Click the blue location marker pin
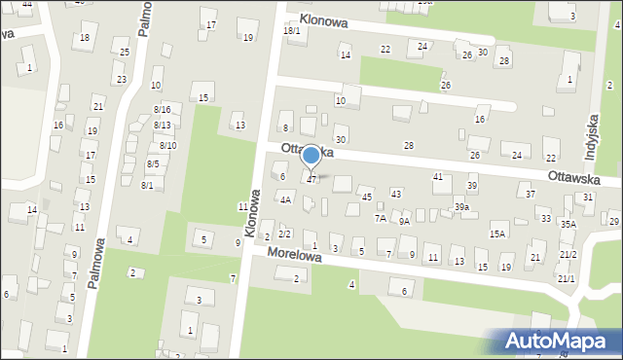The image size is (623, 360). click(311, 156)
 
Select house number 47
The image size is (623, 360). click(311, 180)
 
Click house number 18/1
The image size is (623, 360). click(292, 31)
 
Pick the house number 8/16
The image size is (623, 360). click(162, 110)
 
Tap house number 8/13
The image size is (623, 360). click(162, 126)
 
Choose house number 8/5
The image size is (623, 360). click(153, 164)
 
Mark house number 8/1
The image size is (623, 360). click(147, 185)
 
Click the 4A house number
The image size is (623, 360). click(285, 200)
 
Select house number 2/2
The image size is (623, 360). click(285, 234)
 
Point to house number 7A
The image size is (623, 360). click(381, 219)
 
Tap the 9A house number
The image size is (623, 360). click(404, 221)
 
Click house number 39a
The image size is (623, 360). click(461, 207)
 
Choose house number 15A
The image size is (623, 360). click(497, 234)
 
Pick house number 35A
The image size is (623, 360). click(568, 224)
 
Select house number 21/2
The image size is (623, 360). click(568, 254)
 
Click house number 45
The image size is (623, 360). click(367, 198)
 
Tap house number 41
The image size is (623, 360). click(438, 176)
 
